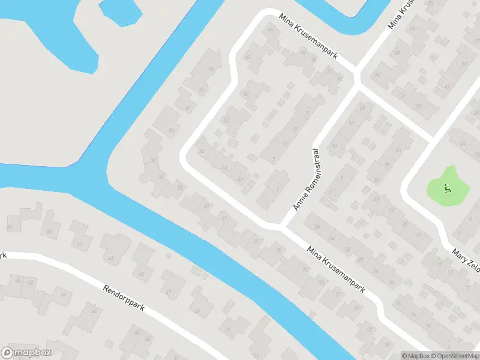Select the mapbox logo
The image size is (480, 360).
26,352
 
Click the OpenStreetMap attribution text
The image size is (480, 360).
454,356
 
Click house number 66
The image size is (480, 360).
271,29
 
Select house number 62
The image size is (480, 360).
248,57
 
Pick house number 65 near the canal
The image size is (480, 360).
211,69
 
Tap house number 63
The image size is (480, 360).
201,91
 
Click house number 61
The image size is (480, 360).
189,108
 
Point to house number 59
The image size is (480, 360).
172,131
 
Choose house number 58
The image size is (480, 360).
245,94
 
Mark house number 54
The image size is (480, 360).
226,120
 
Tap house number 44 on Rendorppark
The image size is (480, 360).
64,295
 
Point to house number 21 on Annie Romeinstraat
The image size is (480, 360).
307,112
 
